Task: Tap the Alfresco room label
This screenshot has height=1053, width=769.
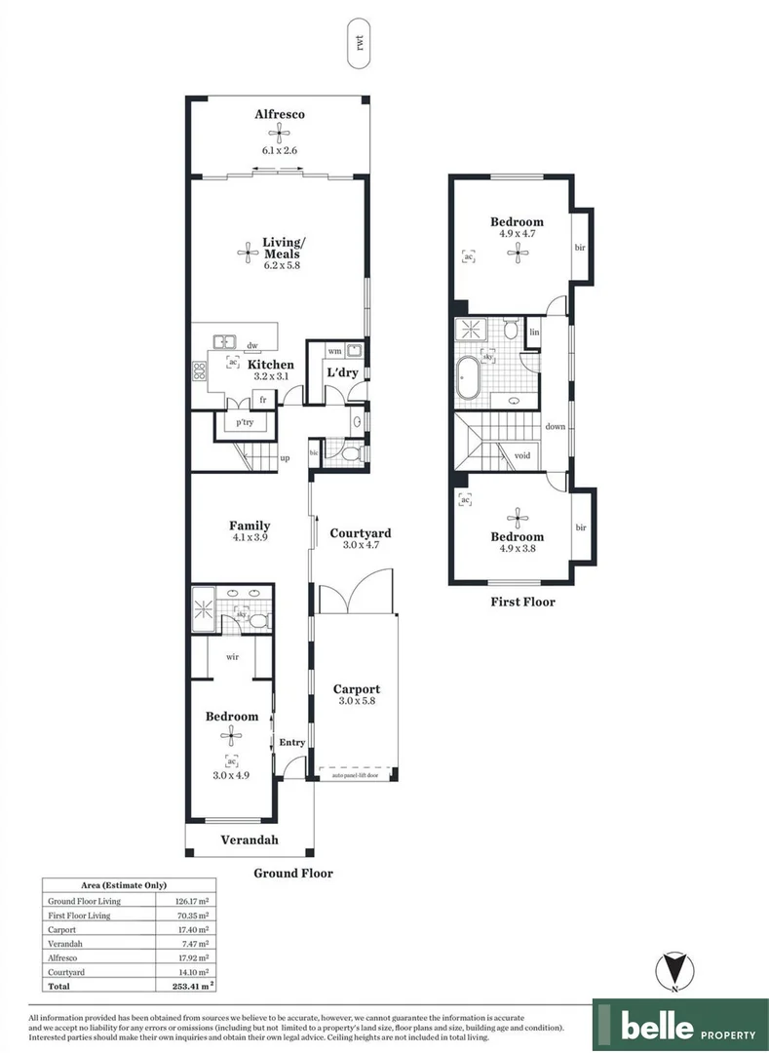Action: coord(280,115)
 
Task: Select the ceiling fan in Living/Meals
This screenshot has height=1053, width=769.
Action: coord(244,253)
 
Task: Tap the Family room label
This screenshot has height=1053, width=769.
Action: coord(250,526)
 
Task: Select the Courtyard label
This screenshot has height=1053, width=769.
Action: coord(360,533)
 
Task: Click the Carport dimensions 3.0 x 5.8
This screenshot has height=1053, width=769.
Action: coord(356,701)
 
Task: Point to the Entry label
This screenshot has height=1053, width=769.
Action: coord(292,743)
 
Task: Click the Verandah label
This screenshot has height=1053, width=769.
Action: coord(250,839)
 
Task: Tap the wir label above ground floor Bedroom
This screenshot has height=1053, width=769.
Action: coord(233,657)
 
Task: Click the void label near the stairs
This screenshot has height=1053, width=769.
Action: coord(521,454)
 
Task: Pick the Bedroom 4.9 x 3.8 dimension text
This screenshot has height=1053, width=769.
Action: coord(517,549)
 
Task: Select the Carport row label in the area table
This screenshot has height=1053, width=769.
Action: coord(64,930)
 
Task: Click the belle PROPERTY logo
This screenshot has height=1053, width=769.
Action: coord(680,1027)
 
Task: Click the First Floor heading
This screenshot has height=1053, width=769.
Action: coord(522,602)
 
